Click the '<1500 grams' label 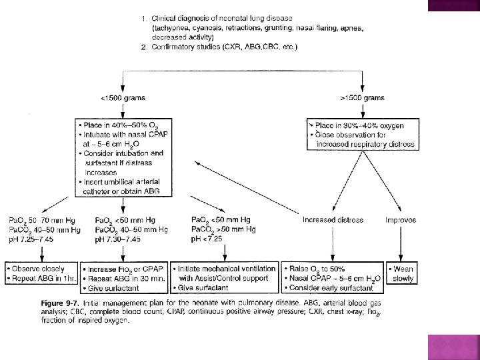(123, 98)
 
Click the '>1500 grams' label (362, 98)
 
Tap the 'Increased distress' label (333, 219)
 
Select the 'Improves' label (401, 219)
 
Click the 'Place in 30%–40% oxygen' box (361, 135)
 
